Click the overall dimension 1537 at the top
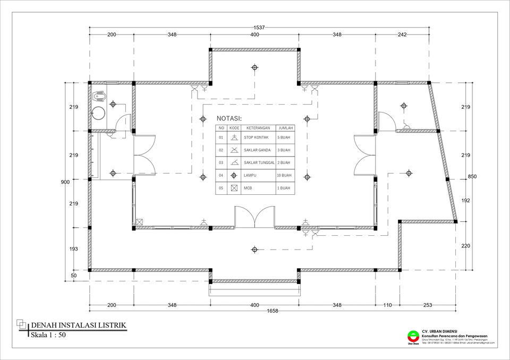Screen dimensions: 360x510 click(259, 27)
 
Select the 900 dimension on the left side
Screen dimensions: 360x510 click(65, 182)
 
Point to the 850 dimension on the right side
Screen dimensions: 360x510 click(472, 176)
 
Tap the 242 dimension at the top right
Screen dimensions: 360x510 click(402, 35)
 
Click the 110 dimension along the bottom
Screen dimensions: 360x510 click(387, 305)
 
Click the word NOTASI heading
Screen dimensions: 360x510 click(229, 118)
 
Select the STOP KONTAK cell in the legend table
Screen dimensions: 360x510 click(256, 138)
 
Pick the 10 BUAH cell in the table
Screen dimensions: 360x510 click(284, 175)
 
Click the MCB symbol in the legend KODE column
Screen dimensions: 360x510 click(234, 188)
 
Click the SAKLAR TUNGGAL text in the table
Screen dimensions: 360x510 click(259, 162)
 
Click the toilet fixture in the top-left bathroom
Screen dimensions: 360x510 click(99, 97)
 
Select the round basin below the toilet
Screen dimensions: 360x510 click(98, 113)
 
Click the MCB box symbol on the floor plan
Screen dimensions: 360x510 click(140, 222)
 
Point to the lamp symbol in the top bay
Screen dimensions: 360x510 click(254, 67)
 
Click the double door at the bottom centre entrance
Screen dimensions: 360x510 click(254, 218)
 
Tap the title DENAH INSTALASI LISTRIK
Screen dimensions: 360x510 click(78, 325)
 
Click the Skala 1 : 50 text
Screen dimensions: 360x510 click(48, 335)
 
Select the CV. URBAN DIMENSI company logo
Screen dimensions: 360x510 click(412, 336)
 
